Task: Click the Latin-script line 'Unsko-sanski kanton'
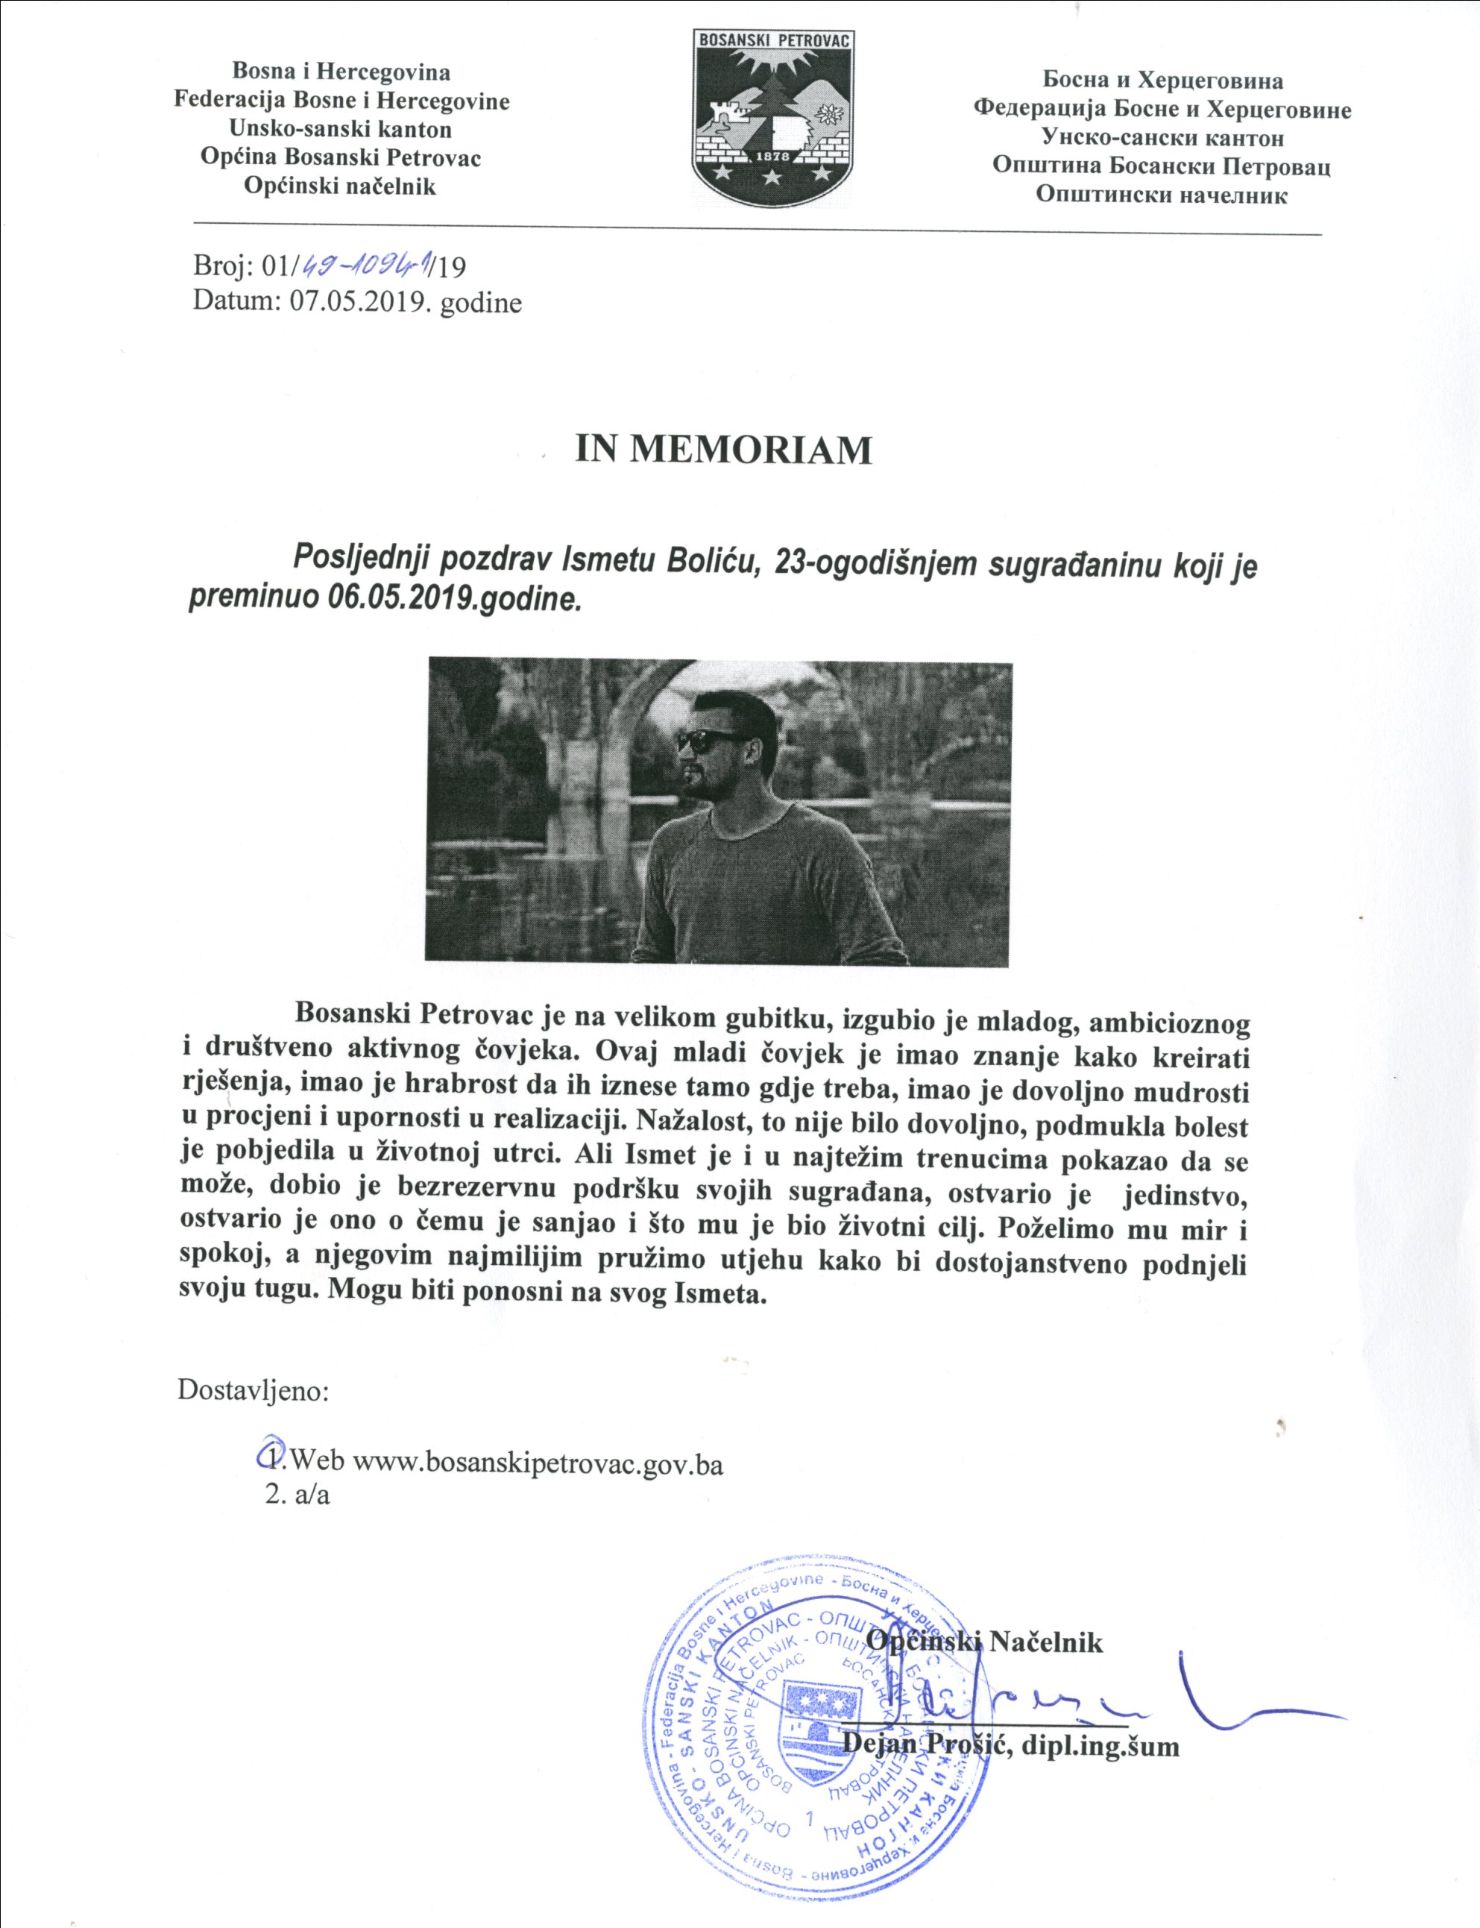[x=340, y=130]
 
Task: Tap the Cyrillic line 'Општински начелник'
[x=1161, y=195]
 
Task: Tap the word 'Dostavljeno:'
[x=254, y=1390]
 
